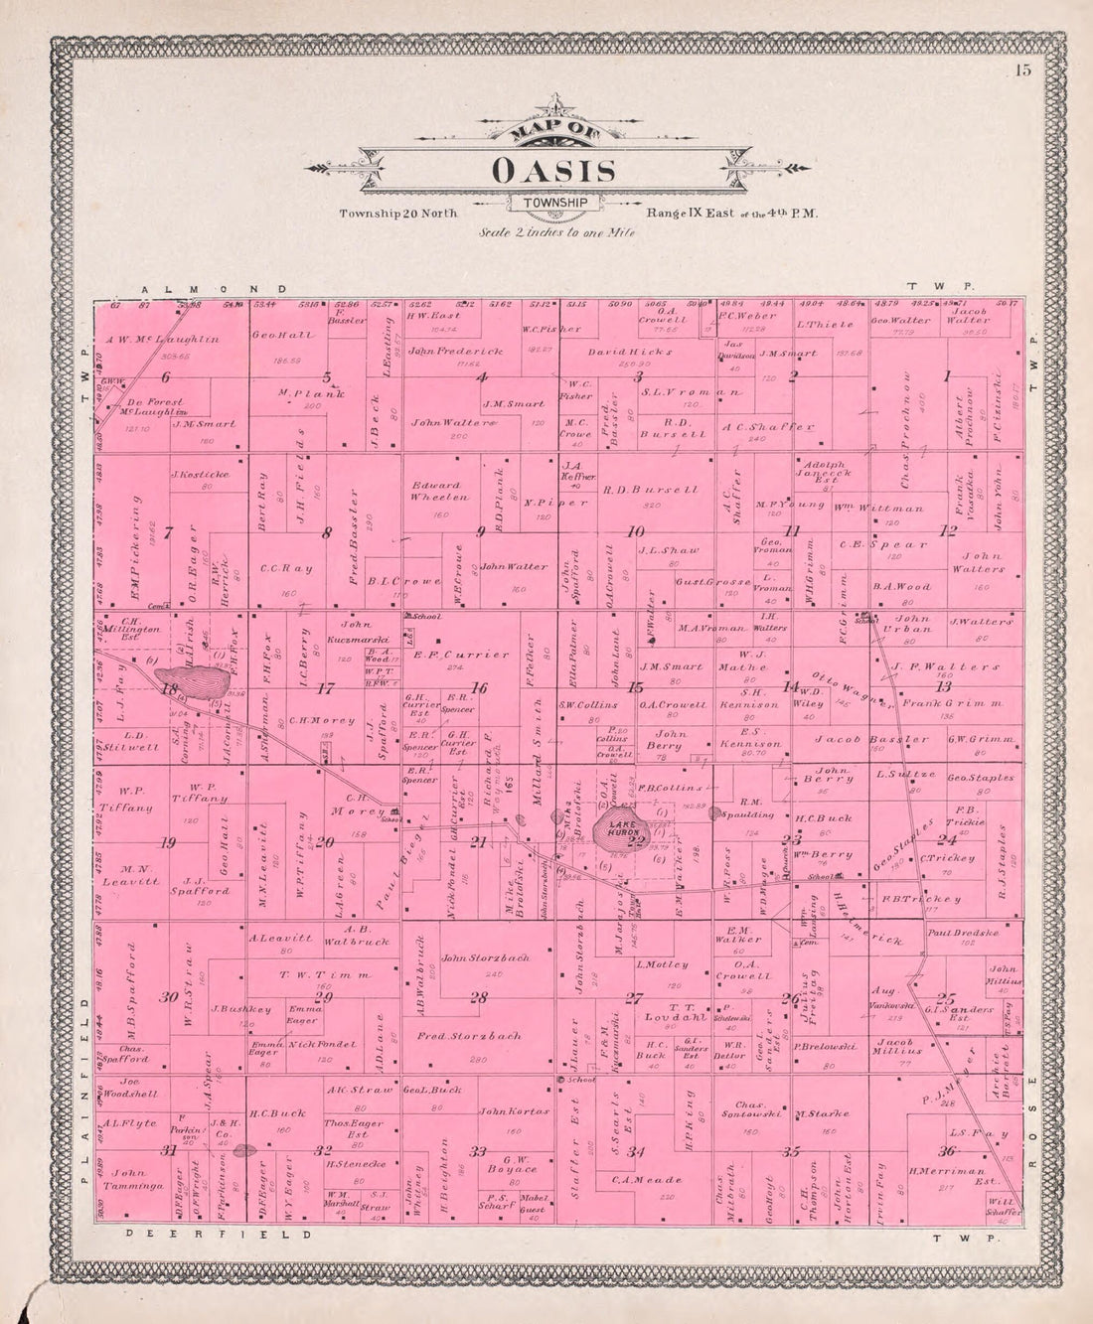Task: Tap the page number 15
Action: [x=1023, y=70]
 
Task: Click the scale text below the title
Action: [x=556, y=232]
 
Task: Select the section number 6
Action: [x=165, y=376]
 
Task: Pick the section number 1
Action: [x=947, y=375]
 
